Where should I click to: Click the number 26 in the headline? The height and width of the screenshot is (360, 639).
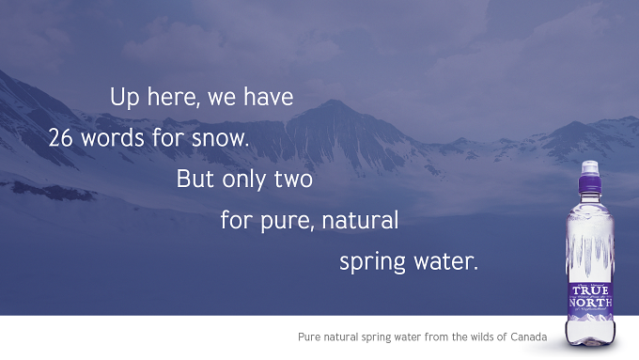coord(61,138)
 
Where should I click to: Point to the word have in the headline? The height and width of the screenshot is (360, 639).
coord(268,97)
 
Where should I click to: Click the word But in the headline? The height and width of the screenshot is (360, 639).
coord(195,179)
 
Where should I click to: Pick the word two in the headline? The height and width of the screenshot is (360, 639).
coord(293,180)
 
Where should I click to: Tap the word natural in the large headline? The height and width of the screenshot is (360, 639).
coord(360,219)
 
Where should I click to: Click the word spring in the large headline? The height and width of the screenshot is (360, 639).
coord(372,262)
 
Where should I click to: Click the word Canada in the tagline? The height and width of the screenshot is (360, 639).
coord(528,337)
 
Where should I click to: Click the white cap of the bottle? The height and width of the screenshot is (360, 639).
coord(590,168)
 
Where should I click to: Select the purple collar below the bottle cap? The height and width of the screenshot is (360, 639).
coord(590,184)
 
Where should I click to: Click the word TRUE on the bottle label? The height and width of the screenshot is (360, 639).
coord(590,290)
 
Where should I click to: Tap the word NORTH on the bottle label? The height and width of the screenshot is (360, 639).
coord(590,303)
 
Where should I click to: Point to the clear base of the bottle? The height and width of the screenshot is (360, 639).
coord(590,333)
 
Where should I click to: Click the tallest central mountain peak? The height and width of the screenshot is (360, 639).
coord(335,102)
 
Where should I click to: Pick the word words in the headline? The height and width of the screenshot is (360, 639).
coord(113,138)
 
